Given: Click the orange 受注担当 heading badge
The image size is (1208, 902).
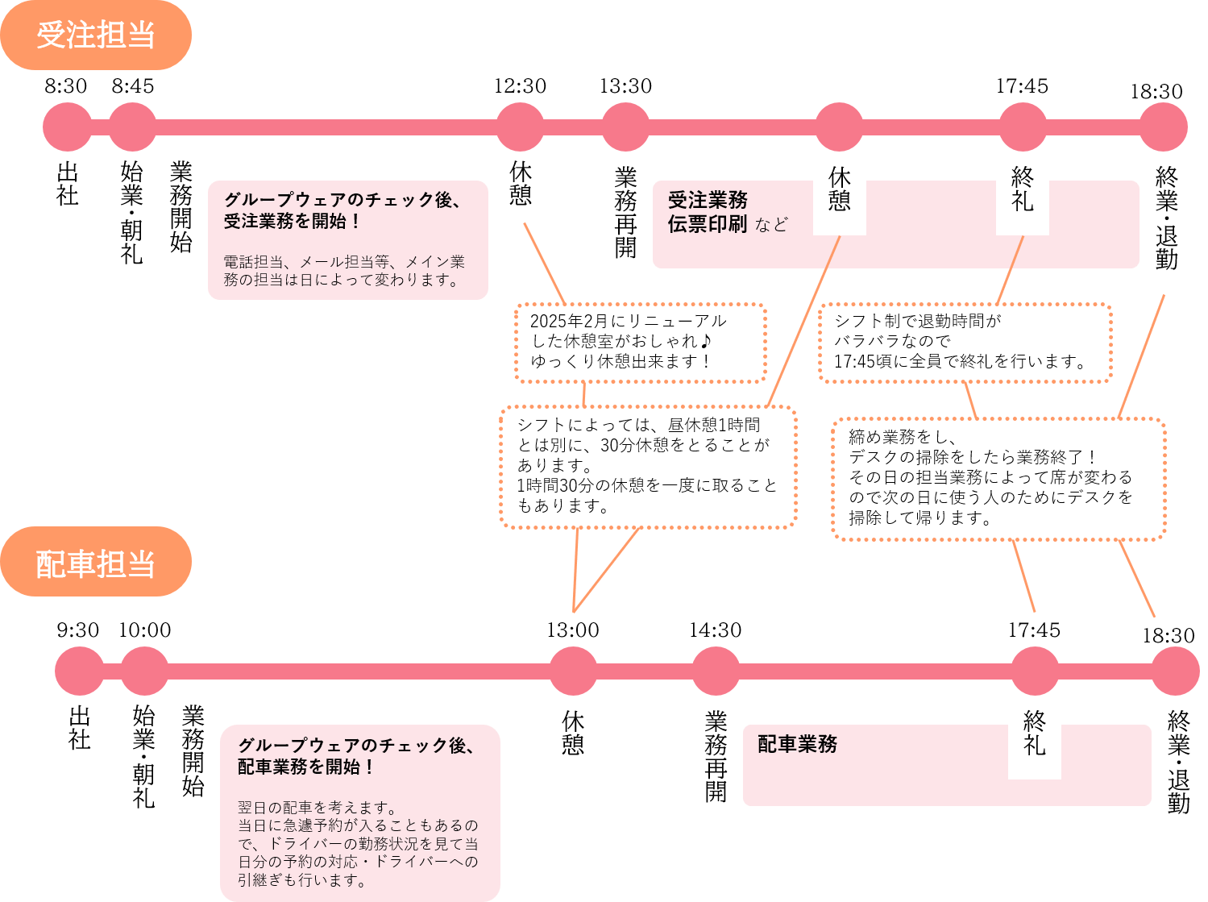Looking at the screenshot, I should tap(95, 35).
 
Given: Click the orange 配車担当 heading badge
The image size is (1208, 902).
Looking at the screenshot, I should tap(95, 563).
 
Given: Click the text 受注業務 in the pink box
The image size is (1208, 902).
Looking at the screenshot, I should tap(708, 200).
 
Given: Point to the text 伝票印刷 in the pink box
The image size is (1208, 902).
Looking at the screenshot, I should tap(708, 224).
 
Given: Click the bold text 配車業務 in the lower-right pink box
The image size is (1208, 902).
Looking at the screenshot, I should tap(797, 744).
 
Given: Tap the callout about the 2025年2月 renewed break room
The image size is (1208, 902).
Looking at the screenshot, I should tap(640, 342).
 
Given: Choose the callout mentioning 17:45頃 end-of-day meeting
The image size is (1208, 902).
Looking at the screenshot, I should tap(965, 342).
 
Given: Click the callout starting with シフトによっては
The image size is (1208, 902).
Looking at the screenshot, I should tap(648, 466).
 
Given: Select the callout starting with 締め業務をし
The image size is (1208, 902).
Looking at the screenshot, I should tap(998, 477).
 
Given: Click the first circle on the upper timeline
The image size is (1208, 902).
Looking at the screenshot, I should tap(68, 127).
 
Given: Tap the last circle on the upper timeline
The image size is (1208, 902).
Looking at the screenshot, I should tap(1163, 127).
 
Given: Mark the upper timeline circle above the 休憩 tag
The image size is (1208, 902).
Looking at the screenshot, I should tap(839, 127).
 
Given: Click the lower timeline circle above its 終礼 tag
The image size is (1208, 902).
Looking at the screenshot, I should tap(1034, 671).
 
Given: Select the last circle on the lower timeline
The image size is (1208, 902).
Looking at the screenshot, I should tap(1174, 671).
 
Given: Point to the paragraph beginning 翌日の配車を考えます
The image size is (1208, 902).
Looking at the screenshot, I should tap(358, 843).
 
